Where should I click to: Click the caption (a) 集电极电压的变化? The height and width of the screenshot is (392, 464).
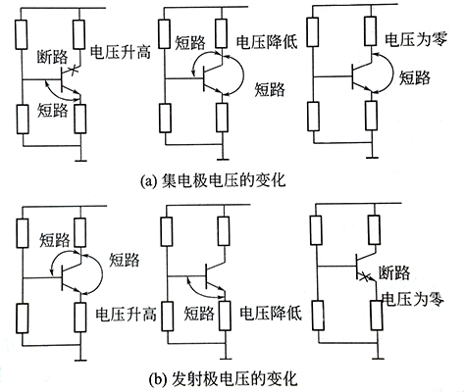(x=232, y=180)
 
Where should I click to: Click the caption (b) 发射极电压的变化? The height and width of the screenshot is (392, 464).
(x=232, y=376)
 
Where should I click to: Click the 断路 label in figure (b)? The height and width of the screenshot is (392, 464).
(x=403, y=273)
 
